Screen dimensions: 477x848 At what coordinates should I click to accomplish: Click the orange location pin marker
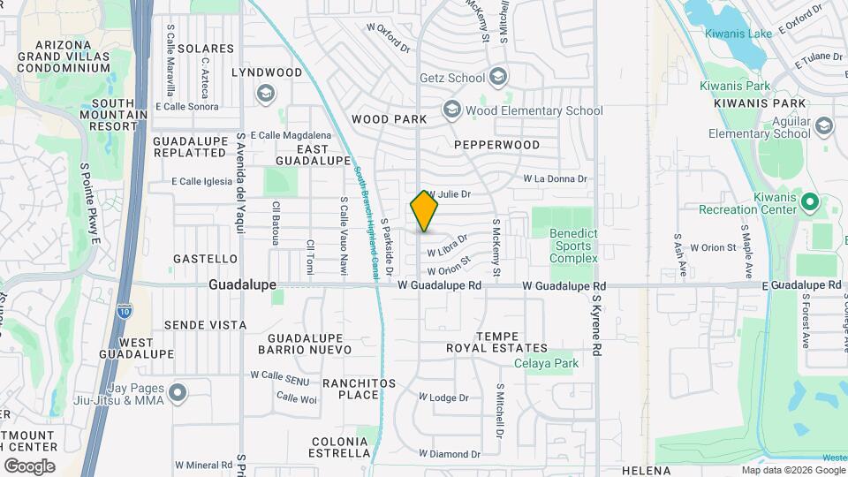tap(424, 212)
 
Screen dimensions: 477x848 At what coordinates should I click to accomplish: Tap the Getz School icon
tap(498, 78)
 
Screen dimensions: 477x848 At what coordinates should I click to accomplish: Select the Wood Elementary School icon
tap(452, 110)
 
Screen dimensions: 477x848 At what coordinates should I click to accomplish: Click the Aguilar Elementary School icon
tap(824, 125)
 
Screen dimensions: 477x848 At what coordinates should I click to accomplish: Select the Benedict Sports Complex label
tap(573, 246)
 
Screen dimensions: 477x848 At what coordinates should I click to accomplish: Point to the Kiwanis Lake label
tap(739, 34)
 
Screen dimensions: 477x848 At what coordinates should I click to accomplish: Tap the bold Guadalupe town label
tap(242, 285)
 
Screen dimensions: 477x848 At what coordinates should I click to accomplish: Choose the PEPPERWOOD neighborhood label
tap(496, 144)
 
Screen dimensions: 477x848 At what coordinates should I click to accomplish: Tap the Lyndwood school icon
tap(265, 93)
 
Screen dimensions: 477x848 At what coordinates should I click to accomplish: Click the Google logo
tap(29, 466)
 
